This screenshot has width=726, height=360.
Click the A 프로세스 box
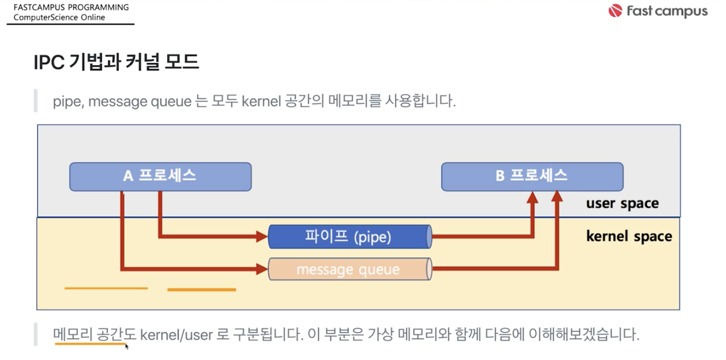click(160, 177)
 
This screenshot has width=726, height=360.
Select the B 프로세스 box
click(532, 177)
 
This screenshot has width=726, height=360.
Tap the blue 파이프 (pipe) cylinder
click(350, 237)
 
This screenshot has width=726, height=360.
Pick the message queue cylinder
click(350, 269)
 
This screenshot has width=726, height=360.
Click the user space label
click(622, 204)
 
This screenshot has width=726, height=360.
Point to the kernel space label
click(629, 236)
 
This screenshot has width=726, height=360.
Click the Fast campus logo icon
click(615, 11)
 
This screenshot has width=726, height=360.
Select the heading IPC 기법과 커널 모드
click(116, 62)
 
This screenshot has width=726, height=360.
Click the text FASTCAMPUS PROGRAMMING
click(71, 7)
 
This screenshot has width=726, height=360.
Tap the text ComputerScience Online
click(59, 17)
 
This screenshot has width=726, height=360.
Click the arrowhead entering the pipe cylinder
click(262, 236)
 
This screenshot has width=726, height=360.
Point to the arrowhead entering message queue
click(262, 269)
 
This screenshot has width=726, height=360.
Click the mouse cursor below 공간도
click(127, 347)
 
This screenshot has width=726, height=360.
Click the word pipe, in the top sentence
click(69, 101)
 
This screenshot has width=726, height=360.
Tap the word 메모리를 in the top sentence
click(354, 101)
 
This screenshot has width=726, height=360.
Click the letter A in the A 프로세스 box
click(128, 176)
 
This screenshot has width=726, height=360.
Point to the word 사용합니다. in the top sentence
click(420, 101)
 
